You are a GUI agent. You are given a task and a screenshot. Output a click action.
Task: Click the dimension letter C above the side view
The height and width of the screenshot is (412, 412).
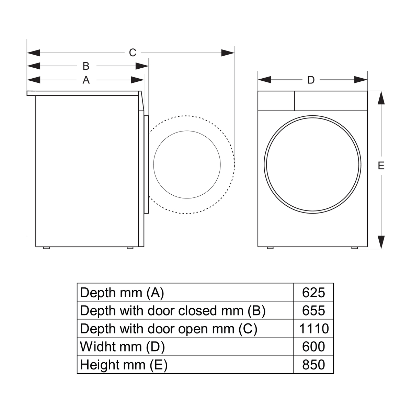pos(133,53)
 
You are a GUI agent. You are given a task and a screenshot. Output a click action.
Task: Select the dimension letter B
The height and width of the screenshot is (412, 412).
pos(86,66)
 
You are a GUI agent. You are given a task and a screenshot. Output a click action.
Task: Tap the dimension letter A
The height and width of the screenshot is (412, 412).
pos(86,80)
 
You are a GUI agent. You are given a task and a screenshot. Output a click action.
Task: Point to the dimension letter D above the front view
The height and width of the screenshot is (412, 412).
pos(311,80)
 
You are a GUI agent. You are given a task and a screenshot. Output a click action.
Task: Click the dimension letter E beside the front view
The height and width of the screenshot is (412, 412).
pos(381,166)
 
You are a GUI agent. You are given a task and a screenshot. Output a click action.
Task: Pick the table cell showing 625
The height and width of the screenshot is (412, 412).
pos(313,293)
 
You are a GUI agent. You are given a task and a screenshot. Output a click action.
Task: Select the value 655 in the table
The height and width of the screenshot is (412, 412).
pos(313,311)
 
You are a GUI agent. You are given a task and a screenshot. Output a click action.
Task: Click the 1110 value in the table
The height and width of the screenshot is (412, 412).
pos(314,329)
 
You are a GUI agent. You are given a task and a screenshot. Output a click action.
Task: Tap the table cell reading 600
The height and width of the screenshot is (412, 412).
pos(313,347)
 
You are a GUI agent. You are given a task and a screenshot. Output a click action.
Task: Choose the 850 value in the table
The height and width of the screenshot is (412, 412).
pos(313,365)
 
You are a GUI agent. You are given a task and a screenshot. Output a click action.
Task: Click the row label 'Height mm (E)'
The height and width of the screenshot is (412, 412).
pos(124,365)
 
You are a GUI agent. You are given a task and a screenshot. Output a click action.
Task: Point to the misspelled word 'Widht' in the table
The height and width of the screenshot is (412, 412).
pos(94,347)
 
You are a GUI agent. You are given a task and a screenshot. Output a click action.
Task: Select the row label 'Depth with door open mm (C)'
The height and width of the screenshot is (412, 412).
pos(169,329)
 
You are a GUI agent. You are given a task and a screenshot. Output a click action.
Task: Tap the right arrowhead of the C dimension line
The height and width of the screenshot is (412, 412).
pos(228,53)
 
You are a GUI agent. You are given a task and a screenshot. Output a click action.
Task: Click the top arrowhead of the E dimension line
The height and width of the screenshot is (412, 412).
pos(381,98)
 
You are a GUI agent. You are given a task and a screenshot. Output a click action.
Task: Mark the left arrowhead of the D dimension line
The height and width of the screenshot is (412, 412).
pos(264,80)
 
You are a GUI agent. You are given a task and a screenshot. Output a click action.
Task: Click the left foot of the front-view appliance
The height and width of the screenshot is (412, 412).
pos(270,248)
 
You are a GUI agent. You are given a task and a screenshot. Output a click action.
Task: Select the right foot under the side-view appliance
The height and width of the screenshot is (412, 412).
pos(130,248)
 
